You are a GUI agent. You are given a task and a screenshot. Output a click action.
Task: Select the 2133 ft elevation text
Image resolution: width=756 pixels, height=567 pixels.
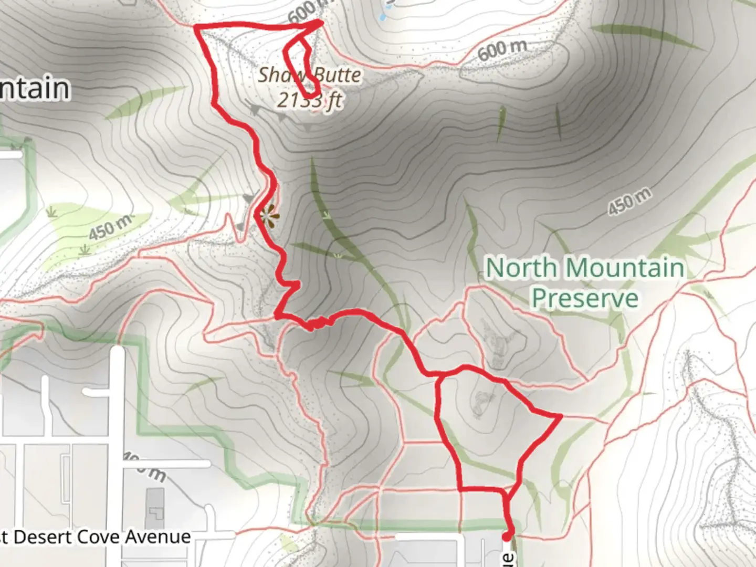(x=310, y=100)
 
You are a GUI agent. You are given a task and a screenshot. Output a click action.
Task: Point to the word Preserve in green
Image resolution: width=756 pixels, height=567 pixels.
(x=585, y=298)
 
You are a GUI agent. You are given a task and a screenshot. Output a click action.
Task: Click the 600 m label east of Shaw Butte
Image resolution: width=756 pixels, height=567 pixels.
(x=502, y=50)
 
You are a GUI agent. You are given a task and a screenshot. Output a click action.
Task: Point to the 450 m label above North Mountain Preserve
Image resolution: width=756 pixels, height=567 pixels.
(x=629, y=202)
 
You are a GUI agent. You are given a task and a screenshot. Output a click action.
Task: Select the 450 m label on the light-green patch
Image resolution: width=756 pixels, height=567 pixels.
(x=110, y=227)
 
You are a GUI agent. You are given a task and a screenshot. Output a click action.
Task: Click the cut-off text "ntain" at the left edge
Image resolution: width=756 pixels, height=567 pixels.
(x=35, y=88)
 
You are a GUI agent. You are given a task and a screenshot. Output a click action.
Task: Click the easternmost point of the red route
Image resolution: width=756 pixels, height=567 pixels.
(x=561, y=416)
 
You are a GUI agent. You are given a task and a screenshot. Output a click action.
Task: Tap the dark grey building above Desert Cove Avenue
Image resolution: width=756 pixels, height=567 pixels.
(x=154, y=509)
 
